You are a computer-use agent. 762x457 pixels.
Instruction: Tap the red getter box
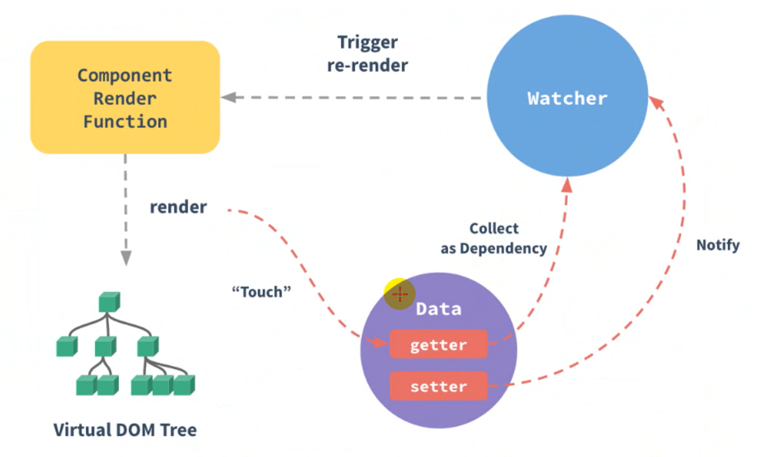pos(438,345)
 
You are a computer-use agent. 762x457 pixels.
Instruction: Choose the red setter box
pos(438,386)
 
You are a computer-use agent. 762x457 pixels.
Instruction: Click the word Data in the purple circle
pos(438,309)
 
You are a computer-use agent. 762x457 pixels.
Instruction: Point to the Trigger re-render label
pos(367,54)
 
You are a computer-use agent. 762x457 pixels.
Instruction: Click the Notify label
pos(717,245)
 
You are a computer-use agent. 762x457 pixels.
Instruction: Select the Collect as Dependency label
pos(494,238)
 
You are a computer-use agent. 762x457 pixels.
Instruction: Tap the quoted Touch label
pos(261,292)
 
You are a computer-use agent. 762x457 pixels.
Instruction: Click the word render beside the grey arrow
pos(178,207)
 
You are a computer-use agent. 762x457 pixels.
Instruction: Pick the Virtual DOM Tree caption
pos(125,430)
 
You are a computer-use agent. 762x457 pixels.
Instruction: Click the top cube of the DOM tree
pos(109,302)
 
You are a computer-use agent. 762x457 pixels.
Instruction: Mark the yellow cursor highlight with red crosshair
pos(399,294)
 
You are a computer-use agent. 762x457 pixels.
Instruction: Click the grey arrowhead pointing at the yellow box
pos(229,97)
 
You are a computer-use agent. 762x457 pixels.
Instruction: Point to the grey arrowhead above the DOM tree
pos(126,257)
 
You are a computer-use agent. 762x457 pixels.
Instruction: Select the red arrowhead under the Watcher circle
pos(567,185)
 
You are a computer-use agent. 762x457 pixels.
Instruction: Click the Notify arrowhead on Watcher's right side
pos(656,103)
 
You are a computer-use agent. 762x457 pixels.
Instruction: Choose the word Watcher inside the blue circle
pos(567,99)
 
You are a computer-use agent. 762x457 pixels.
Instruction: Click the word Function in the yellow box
pos(125,122)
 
